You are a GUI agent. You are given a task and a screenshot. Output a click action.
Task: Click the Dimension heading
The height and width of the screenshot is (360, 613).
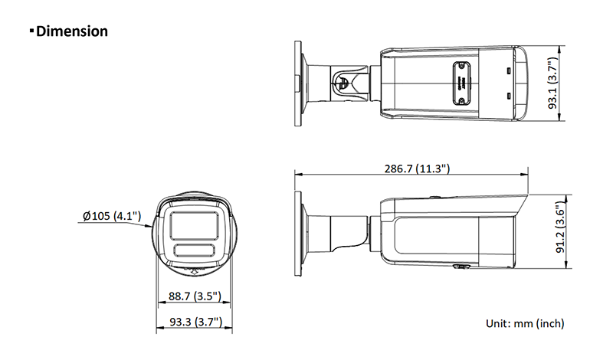72,31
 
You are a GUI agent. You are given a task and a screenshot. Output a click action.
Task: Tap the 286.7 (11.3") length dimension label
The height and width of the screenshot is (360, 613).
417,169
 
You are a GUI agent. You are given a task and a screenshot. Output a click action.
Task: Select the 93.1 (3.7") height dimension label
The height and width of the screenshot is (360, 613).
552,83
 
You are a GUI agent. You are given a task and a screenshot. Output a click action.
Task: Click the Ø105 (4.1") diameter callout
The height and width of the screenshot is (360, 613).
112,216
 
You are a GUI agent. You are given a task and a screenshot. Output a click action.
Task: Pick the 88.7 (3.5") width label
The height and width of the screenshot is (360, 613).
195,296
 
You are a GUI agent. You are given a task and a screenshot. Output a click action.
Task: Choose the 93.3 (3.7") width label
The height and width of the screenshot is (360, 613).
195,322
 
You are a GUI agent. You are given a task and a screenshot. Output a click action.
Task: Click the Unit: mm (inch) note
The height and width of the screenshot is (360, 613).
525,323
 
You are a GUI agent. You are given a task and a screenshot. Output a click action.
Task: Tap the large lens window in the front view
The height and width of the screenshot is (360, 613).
195,225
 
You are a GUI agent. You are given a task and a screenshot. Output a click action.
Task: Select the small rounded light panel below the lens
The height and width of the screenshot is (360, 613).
195,250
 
